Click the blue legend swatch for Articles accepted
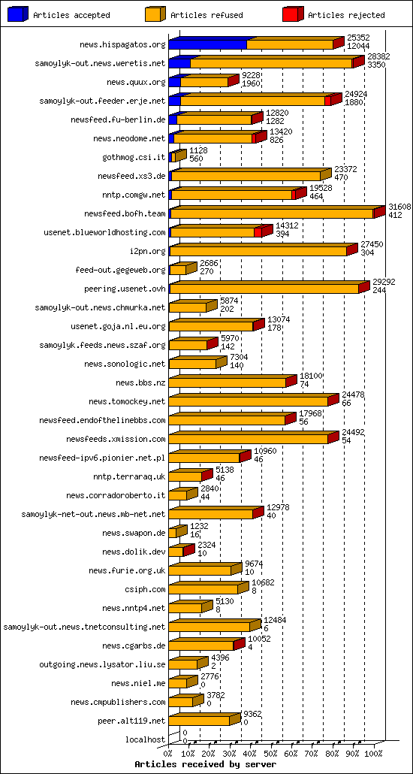(18, 14)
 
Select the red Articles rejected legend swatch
(293, 14)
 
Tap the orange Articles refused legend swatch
(155, 14)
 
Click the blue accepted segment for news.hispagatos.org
(207, 45)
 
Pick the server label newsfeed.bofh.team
(125, 213)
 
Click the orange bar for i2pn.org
(258, 251)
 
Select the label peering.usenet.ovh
(125, 289)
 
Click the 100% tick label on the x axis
(373, 753)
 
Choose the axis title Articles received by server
(200, 764)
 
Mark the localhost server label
(145, 739)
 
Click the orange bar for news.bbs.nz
(228, 382)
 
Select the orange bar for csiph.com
(203, 589)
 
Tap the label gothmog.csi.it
(134, 157)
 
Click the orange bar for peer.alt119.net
(200, 721)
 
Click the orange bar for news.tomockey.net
(249, 401)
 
